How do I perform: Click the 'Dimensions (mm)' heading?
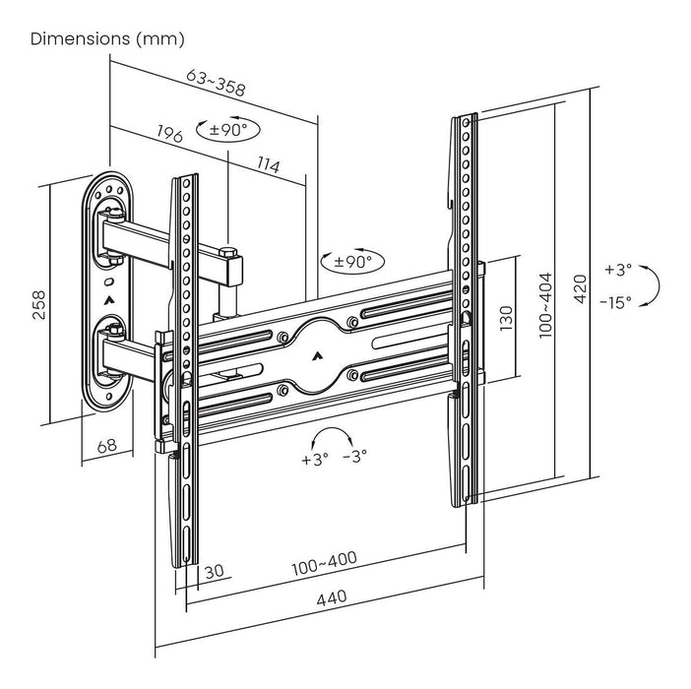point(107,39)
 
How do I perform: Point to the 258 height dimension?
point(35,297)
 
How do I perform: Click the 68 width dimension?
point(107,446)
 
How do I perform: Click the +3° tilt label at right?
point(618,269)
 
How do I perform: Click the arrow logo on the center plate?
point(318,359)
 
